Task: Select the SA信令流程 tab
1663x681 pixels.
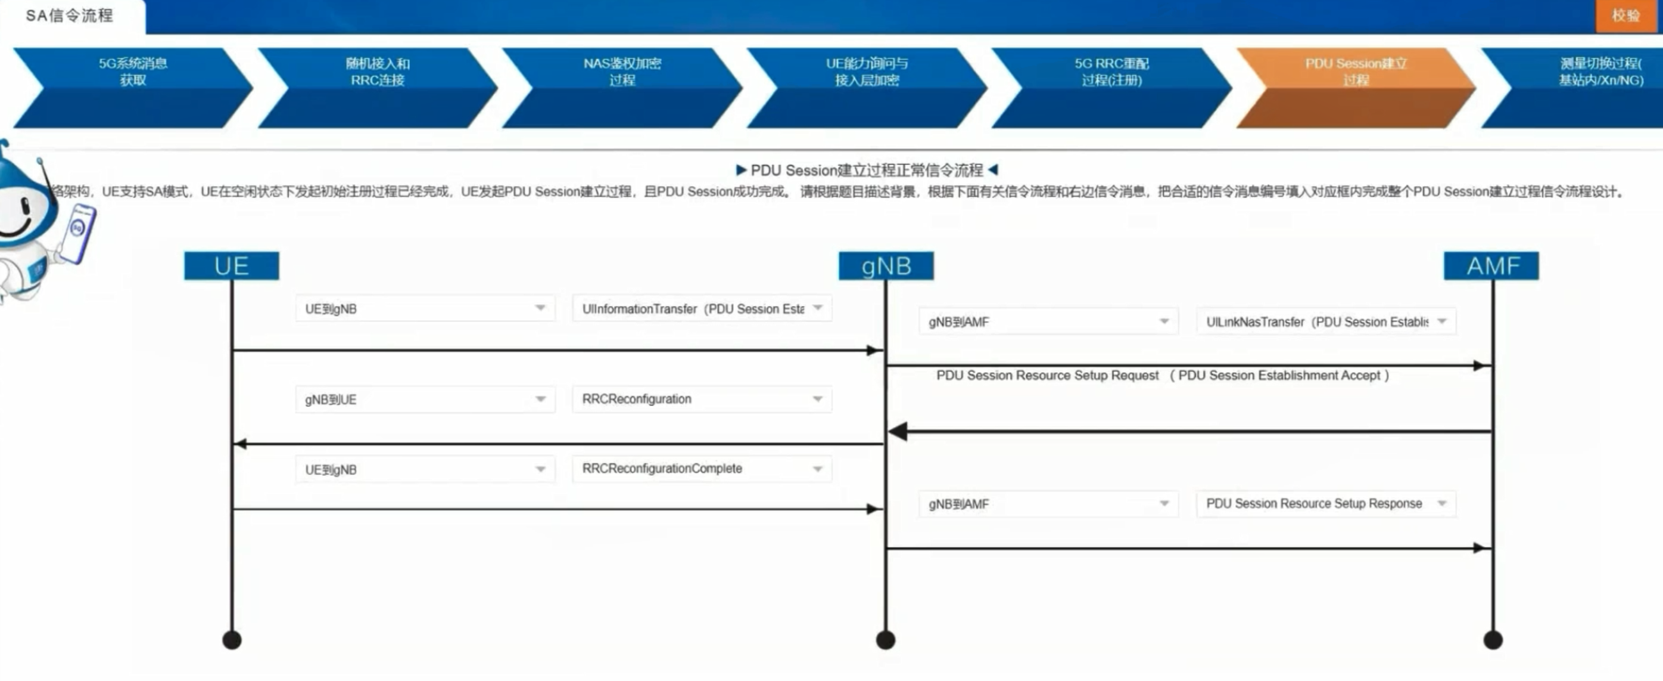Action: (x=70, y=16)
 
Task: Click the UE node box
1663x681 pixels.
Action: (x=231, y=265)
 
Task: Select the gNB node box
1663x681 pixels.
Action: (x=886, y=265)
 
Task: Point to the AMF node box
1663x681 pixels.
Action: (x=1491, y=265)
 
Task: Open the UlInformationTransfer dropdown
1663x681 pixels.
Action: (x=702, y=309)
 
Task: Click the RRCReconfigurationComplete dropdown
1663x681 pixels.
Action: (x=702, y=469)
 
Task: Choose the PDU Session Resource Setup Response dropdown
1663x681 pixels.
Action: (x=1326, y=503)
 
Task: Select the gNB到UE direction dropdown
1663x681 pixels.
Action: (x=425, y=400)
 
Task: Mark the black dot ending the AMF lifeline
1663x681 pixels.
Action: (x=1493, y=640)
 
